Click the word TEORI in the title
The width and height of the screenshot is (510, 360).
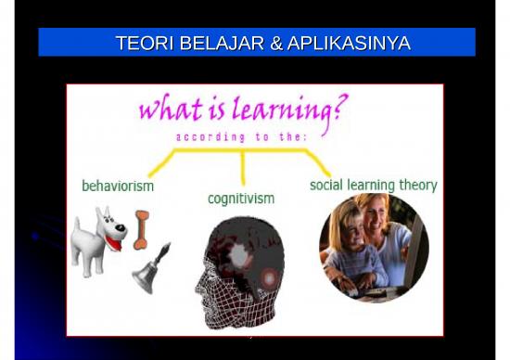(140, 43)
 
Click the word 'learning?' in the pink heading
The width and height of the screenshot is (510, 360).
(293, 112)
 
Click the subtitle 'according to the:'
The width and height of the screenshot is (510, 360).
(243, 137)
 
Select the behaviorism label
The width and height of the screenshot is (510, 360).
(118, 186)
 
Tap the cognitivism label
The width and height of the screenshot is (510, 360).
(241, 199)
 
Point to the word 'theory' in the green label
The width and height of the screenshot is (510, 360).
(417, 185)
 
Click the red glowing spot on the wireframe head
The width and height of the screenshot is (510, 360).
(270, 276)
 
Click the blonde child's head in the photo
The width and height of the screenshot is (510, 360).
(342, 227)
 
